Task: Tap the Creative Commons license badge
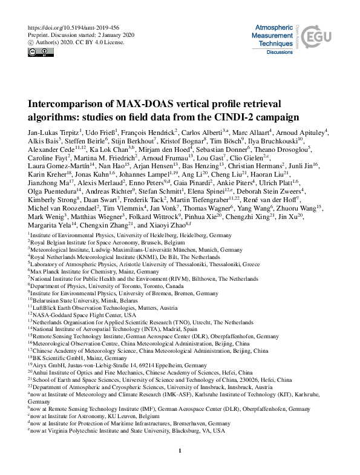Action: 36,52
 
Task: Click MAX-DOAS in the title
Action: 134,103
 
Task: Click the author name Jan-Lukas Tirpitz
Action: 51,131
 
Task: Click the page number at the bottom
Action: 180,451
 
